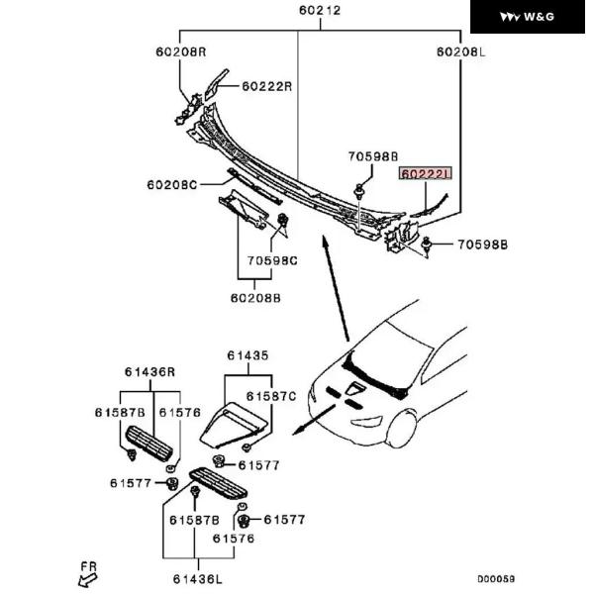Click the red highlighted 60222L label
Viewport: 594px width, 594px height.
pyautogui.click(x=425, y=172)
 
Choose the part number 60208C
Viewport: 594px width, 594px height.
pyautogui.click(x=172, y=184)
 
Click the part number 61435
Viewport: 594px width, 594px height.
pyautogui.click(x=247, y=354)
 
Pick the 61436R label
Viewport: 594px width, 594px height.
pyautogui.click(x=149, y=372)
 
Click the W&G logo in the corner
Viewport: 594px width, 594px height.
pyautogui.click(x=531, y=18)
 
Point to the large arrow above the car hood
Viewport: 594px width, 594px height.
pyautogui.click(x=337, y=287)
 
